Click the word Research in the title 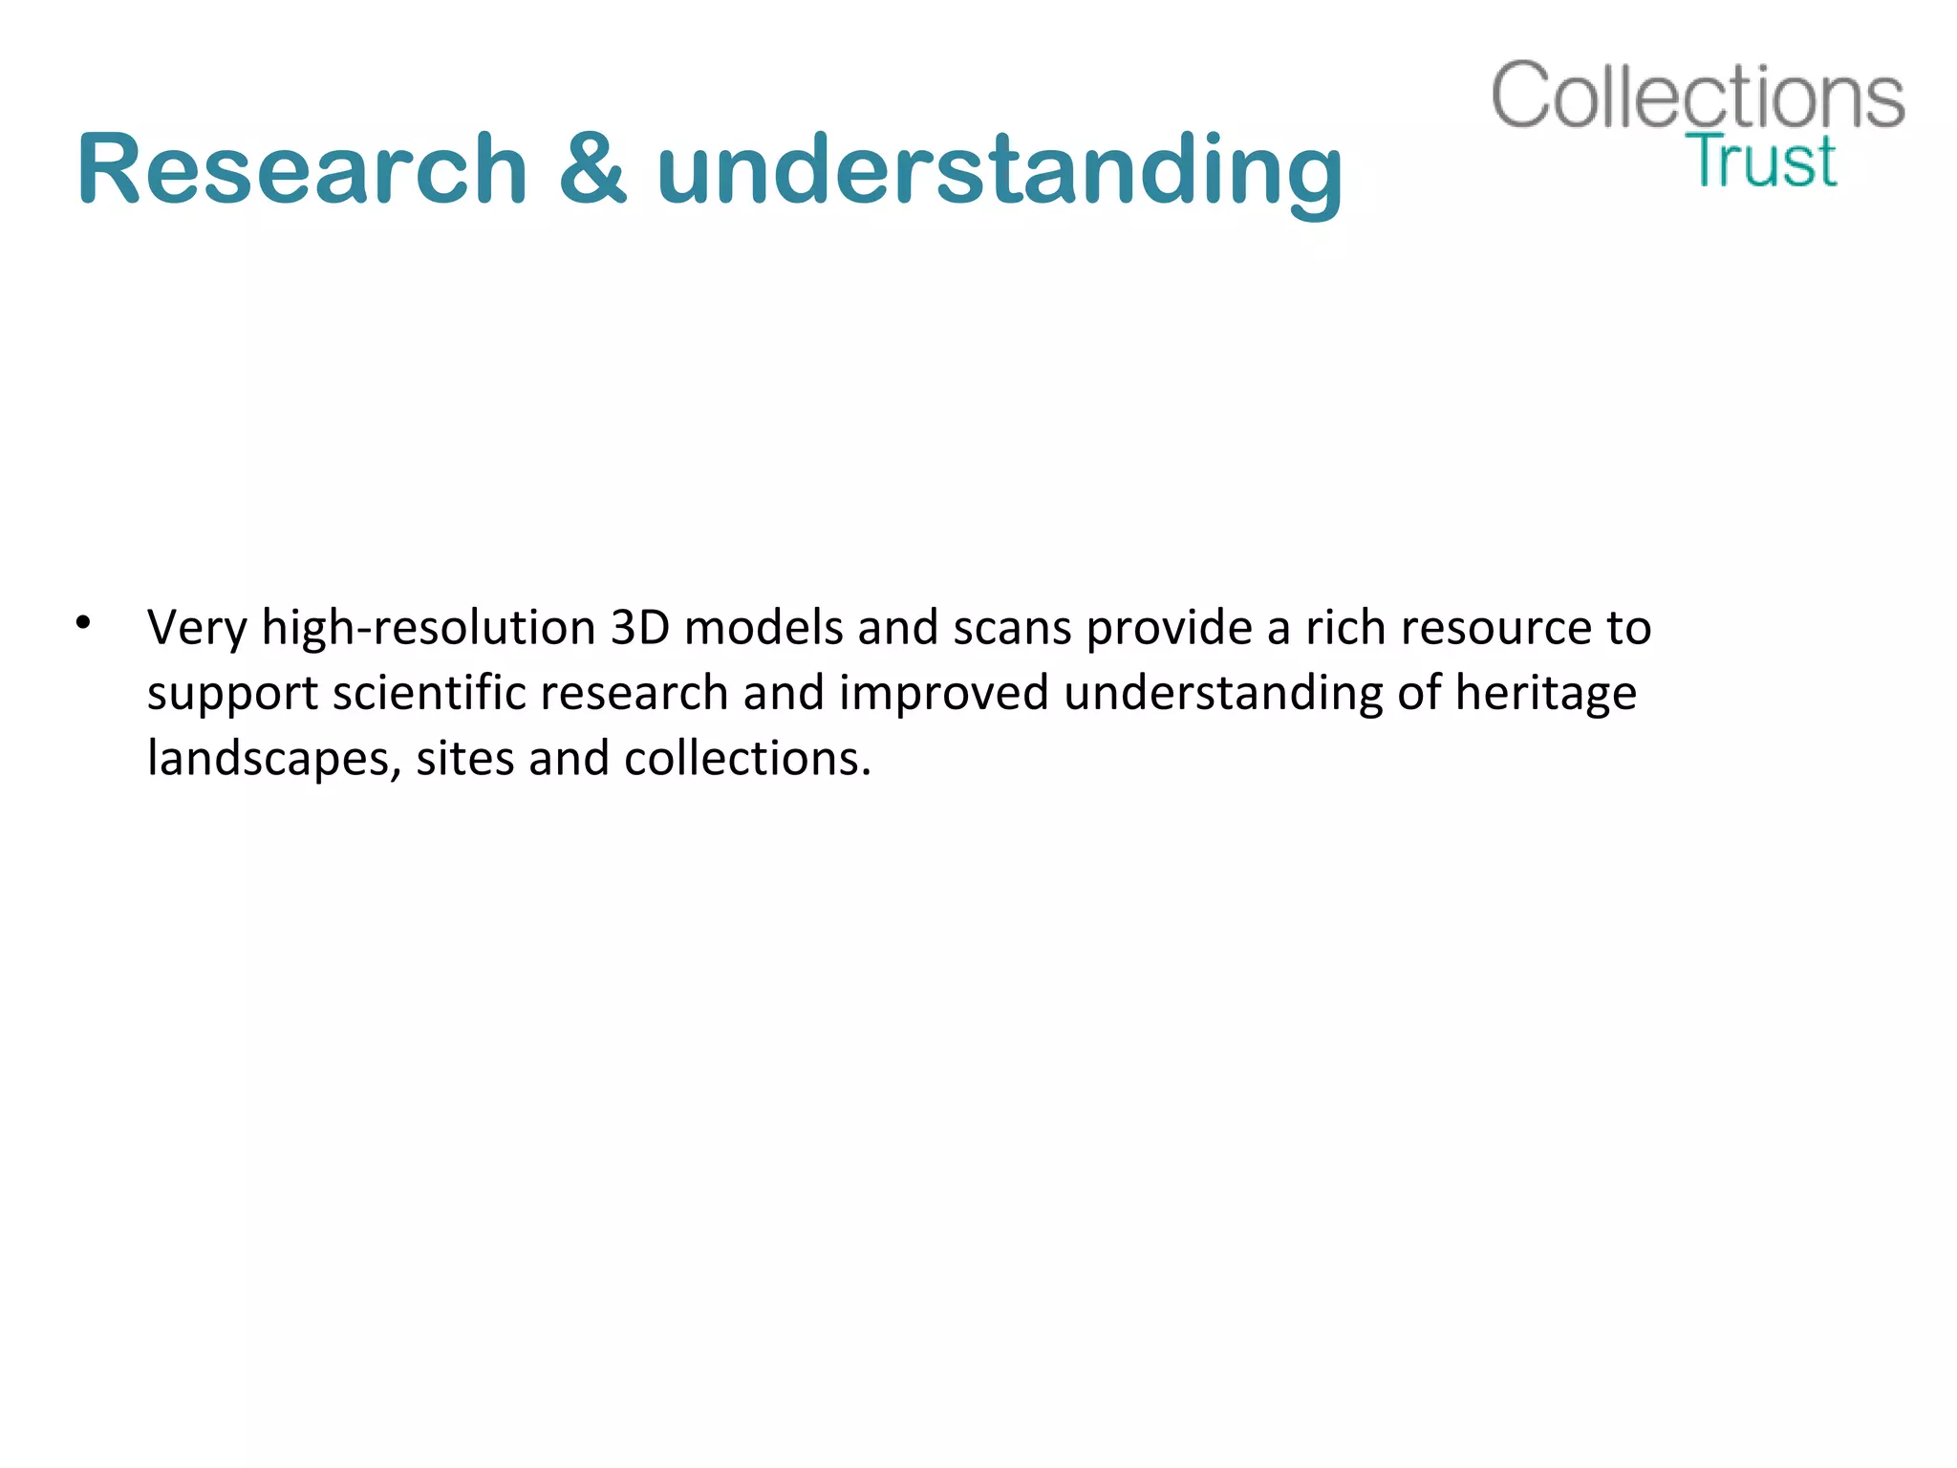302,169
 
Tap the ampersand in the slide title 592,169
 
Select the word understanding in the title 1000,169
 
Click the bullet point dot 84,622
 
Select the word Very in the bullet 196,629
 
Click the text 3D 639,628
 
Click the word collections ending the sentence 746,759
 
